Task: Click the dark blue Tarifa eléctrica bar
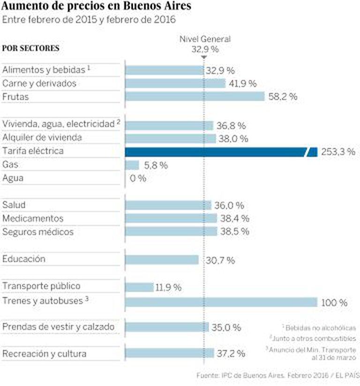tap(216, 151)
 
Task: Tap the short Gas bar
tap(132, 165)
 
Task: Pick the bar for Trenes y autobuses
tap(220, 302)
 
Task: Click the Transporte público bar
tap(139, 287)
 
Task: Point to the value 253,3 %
tap(338, 152)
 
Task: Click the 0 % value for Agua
tap(138, 179)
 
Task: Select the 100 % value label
tap(334, 303)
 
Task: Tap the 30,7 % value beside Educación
tap(220, 260)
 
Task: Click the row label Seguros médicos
tap(38, 232)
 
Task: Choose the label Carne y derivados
tap(39, 83)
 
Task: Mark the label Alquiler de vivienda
tap(42, 137)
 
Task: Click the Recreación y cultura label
tap(45, 354)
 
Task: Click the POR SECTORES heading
tap(31, 48)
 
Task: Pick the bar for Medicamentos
tap(171, 218)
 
